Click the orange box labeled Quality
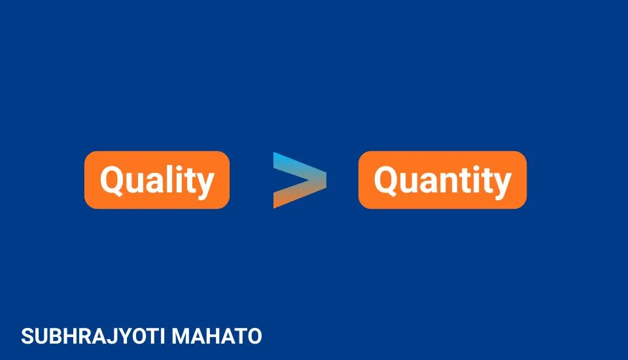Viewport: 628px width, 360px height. tap(157, 180)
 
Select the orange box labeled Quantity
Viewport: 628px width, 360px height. tap(442, 180)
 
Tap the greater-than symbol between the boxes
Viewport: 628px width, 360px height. tap(299, 180)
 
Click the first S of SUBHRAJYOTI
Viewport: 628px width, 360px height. tap(27, 337)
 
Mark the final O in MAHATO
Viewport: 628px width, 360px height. tap(254, 337)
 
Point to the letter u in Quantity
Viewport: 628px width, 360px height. tap(407, 182)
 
